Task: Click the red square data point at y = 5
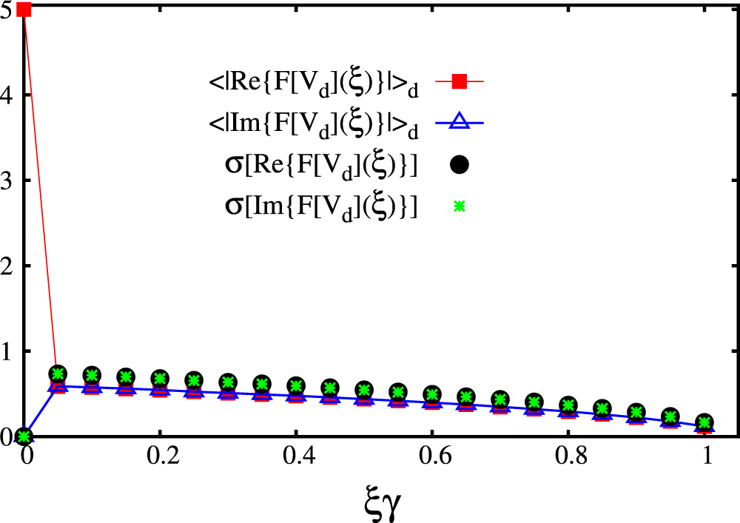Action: click(x=24, y=10)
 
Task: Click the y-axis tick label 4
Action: click(x=9, y=95)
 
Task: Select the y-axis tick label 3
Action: click(x=9, y=180)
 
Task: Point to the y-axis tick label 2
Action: click(x=9, y=266)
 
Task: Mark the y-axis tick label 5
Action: click(x=9, y=10)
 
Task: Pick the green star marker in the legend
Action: click(x=459, y=208)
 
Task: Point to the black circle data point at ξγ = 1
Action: click(x=704, y=422)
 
